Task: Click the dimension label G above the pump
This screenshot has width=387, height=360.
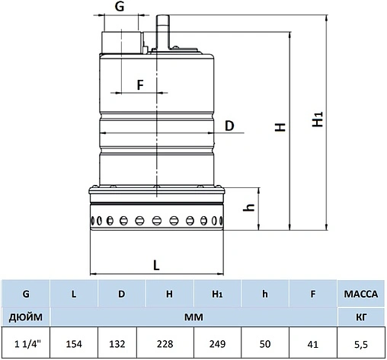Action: pos(119,7)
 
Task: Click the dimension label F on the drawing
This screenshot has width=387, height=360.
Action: pos(140,84)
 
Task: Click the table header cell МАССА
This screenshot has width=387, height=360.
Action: pos(362,292)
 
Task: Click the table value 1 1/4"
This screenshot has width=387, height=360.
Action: pos(26,343)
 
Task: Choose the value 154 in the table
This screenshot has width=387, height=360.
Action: pos(74,343)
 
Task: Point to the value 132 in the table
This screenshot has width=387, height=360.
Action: pos(122,343)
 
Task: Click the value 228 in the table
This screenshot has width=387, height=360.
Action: pos(170,343)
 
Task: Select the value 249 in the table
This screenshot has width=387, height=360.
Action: pos(218,343)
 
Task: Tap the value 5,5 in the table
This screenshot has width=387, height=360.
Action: pos(362,343)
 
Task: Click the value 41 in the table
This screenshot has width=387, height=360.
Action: pos(313,343)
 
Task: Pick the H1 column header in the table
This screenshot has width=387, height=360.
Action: pos(218,292)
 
